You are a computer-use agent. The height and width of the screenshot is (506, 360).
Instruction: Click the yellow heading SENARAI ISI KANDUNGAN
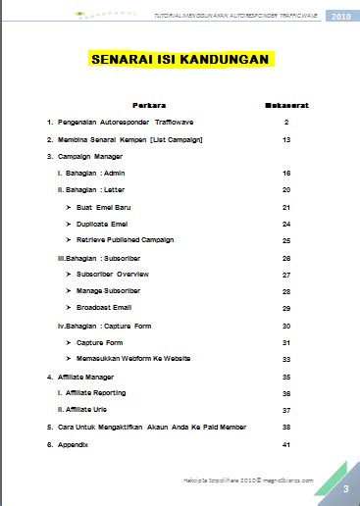click(x=180, y=60)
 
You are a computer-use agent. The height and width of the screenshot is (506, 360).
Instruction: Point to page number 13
click(x=285, y=139)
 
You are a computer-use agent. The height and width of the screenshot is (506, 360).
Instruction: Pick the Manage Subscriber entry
click(x=115, y=290)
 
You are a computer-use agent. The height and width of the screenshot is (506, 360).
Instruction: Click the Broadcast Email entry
click(x=111, y=308)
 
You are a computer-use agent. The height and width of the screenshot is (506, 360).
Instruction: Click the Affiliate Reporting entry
click(x=101, y=392)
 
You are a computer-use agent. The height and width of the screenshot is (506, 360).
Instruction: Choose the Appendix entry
click(x=72, y=444)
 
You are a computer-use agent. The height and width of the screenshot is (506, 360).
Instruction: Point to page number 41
click(x=285, y=444)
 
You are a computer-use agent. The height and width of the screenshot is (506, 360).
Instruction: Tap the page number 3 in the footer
click(x=345, y=488)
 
